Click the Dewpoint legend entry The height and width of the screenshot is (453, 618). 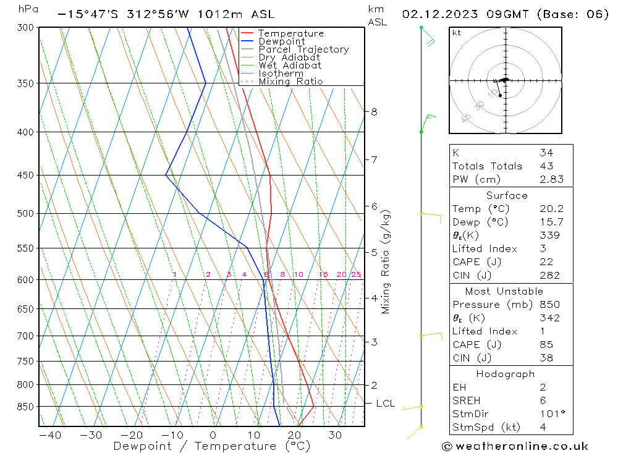pyautogui.click(x=281, y=41)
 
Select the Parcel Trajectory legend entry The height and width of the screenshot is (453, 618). pyautogui.click(x=303, y=49)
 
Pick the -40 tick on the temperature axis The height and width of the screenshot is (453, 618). pyautogui.click(x=49, y=435)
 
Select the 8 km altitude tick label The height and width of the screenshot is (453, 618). pyautogui.click(x=374, y=112)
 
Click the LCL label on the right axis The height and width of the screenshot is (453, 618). pyautogui.click(x=385, y=404)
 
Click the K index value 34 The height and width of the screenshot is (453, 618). pyautogui.click(x=546, y=153)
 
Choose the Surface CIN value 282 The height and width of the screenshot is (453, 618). pyautogui.click(x=549, y=275)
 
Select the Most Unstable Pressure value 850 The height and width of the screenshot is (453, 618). pyautogui.click(x=549, y=305)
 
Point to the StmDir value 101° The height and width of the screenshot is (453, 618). pyautogui.click(x=549, y=413)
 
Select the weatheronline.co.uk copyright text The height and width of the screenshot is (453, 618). pyautogui.click(x=515, y=446)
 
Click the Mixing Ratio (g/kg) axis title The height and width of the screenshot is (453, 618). pyautogui.click(x=386, y=261)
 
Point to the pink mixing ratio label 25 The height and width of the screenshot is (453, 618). pyautogui.click(x=356, y=274)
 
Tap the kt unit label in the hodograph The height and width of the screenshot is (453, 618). pyautogui.click(x=456, y=33)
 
